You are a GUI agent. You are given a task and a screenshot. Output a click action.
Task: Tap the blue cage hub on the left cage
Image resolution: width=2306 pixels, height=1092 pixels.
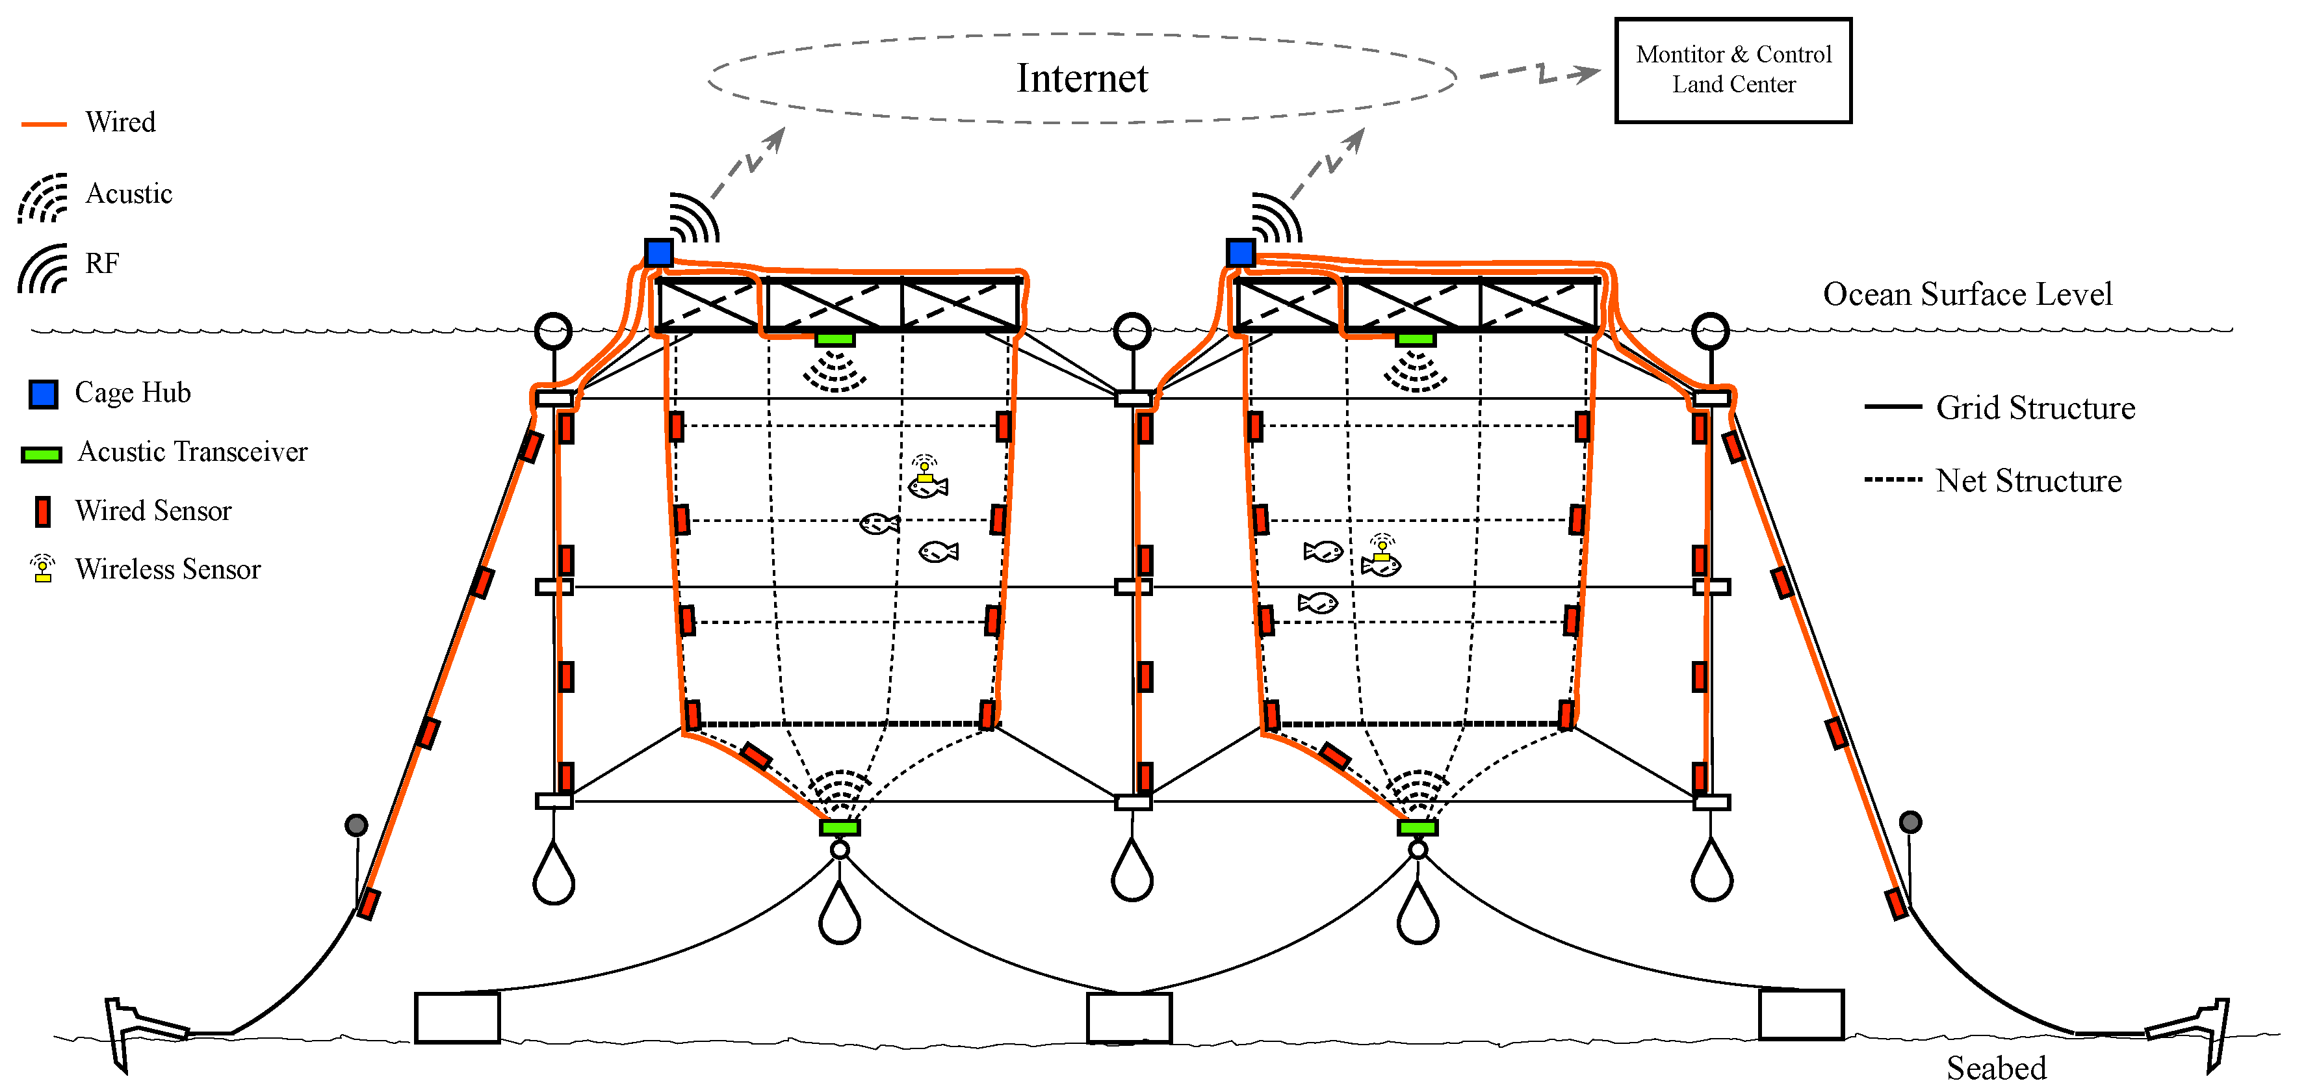click(659, 252)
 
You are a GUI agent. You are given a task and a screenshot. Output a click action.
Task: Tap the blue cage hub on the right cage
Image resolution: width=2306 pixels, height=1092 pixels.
click(1240, 252)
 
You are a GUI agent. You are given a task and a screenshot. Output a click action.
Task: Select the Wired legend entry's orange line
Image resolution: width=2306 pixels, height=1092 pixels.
click(44, 124)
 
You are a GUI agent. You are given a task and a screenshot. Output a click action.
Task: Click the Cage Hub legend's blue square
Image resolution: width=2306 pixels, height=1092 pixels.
click(43, 394)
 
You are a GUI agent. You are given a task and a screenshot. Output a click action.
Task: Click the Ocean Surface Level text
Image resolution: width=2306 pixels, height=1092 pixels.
click(1967, 294)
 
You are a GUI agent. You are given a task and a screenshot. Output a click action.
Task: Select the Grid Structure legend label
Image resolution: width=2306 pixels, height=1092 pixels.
click(2035, 408)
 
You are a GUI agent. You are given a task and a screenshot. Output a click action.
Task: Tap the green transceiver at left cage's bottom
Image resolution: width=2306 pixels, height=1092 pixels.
click(839, 827)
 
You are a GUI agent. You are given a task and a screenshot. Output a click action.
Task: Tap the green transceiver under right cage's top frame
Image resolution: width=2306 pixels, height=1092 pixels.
click(1416, 339)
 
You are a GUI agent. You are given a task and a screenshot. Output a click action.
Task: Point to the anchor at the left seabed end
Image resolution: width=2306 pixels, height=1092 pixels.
click(135, 1030)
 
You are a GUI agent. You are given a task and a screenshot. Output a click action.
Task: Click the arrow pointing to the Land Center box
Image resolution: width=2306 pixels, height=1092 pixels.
click(1540, 73)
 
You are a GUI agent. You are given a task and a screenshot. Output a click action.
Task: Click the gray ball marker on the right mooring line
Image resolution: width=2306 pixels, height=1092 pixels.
click(1910, 822)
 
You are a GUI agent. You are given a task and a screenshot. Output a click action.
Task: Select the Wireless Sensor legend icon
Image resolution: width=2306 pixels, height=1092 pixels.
click(42, 568)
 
